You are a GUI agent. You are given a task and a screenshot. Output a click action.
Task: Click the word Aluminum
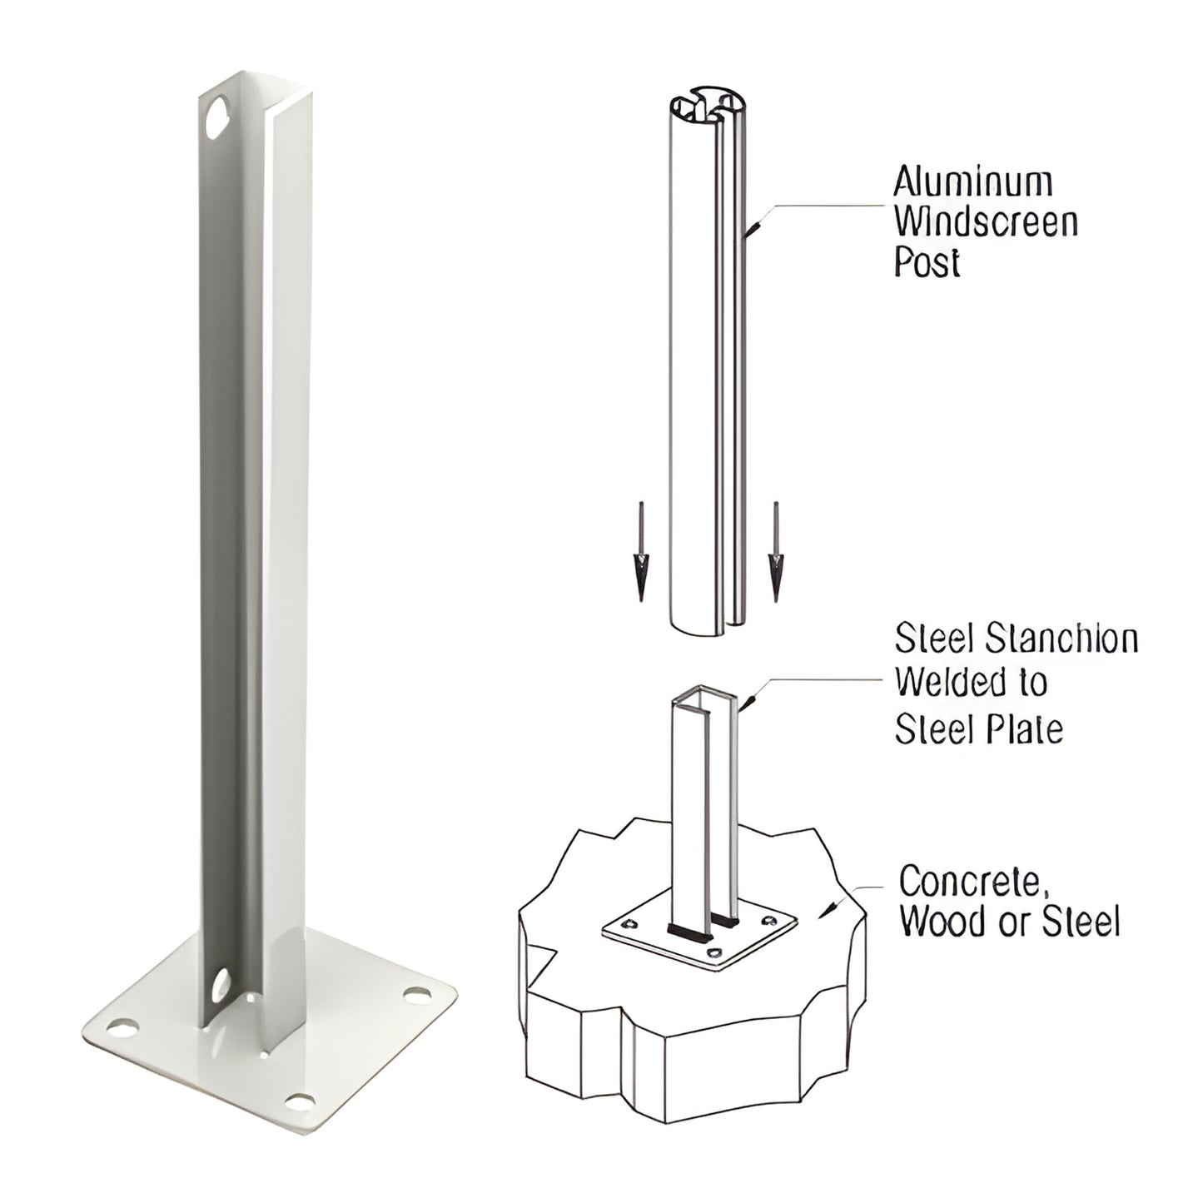(x=973, y=181)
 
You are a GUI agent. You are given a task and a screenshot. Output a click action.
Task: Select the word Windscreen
(x=986, y=222)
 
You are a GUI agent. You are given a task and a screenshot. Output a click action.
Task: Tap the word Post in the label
(x=927, y=263)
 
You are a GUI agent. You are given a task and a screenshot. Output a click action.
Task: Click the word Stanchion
(x=1062, y=639)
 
